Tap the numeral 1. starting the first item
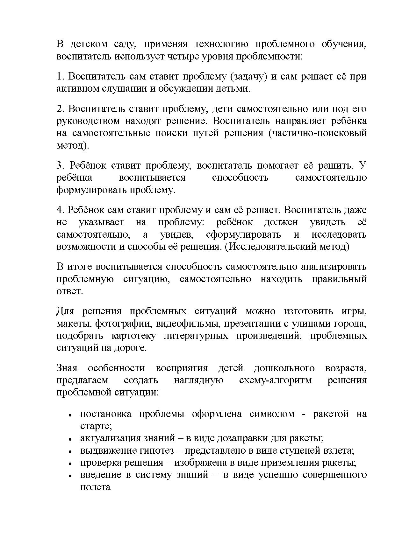[61, 76]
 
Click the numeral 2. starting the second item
[61, 109]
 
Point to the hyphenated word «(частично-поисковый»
[318, 133]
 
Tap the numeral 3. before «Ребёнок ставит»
[61, 165]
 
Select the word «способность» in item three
[240, 178]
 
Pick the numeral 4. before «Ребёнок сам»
[61, 210]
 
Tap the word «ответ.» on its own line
[69, 291]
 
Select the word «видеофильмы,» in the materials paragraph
[186, 324]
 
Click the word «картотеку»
[134, 336]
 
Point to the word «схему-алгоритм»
[275, 380]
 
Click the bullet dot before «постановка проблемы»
[70, 415]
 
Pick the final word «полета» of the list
[95, 487]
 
